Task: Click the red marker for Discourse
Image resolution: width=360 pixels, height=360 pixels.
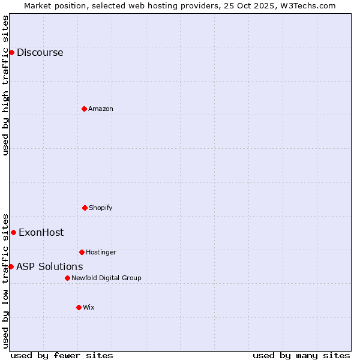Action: [11, 52]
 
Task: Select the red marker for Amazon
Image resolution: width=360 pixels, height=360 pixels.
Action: [84, 109]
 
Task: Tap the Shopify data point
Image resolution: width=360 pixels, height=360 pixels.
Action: [85, 208]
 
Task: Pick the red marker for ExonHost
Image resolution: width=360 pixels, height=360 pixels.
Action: [13, 232]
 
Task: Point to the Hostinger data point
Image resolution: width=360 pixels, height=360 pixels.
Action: [82, 252]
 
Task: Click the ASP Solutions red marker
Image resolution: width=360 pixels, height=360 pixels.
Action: [11, 266]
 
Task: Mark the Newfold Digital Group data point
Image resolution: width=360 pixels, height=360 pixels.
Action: [67, 278]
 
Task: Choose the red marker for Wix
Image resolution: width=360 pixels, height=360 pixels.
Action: [79, 307]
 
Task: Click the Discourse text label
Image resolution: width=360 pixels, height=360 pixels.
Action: [40, 52]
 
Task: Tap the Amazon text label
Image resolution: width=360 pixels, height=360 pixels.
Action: [100, 109]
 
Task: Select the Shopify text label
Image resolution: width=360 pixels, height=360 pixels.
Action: [100, 208]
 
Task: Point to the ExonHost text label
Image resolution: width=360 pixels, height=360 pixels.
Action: [41, 232]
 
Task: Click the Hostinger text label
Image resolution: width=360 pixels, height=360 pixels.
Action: [101, 252]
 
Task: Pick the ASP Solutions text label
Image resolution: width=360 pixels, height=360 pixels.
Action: [49, 266]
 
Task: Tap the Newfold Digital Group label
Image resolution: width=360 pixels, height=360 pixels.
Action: [106, 278]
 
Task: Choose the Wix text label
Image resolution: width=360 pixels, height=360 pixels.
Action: [88, 307]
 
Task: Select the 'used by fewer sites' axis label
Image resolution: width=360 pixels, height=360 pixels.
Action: [62, 355]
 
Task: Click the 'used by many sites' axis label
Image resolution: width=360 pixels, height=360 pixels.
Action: [301, 355]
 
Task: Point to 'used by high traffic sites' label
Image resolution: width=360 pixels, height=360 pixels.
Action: [5, 85]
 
